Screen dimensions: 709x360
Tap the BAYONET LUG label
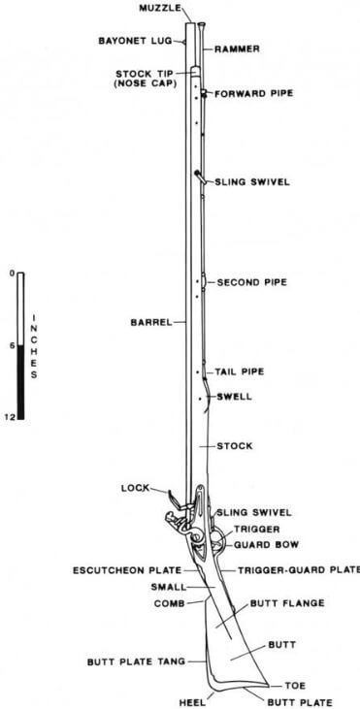(135, 42)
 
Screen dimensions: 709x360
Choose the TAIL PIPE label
(239, 371)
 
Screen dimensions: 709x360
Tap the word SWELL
(234, 396)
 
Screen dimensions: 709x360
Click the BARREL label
(150, 322)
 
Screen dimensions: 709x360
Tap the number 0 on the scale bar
(10, 274)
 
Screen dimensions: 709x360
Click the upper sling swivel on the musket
(198, 177)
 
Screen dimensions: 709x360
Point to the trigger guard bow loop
(219, 546)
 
